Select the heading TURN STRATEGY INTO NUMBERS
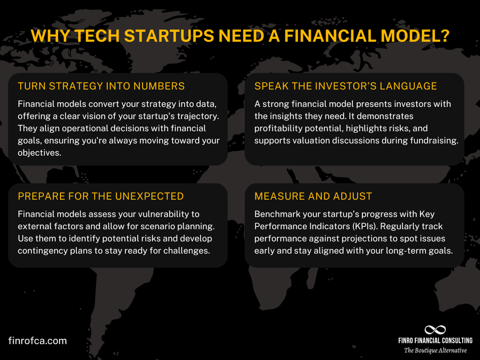click(x=101, y=86)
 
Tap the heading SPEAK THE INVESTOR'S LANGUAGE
click(x=346, y=86)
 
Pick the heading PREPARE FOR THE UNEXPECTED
click(x=101, y=196)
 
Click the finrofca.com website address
click(x=37, y=341)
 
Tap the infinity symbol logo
click(x=435, y=330)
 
